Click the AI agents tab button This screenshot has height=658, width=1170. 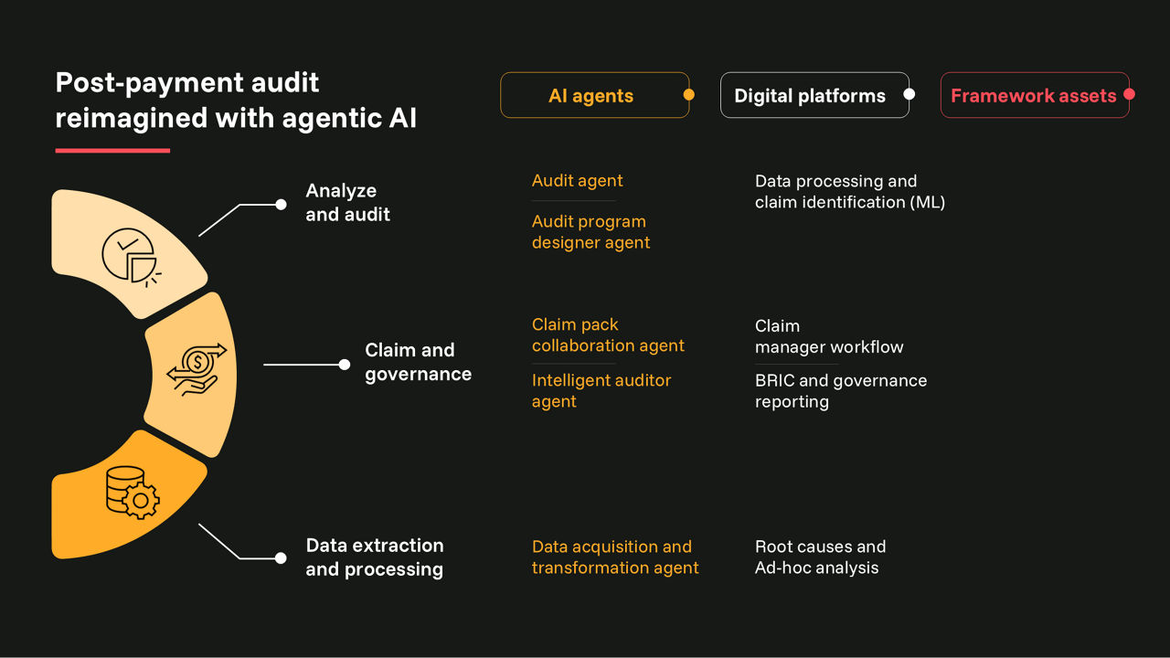point(591,96)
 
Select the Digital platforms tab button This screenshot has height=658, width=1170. point(810,96)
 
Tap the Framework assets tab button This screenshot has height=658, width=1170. point(1033,96)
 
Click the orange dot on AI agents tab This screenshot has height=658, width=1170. point(688,94)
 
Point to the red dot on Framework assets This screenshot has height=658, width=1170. point(1129,94)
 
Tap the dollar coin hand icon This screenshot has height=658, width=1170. point(196,368)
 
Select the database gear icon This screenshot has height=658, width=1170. point(132,493)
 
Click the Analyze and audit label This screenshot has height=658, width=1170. point(347,203)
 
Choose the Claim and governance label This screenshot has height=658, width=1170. point(418,362)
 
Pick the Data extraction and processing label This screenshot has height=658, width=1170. point(374,557)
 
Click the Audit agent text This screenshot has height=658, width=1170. point(577,181)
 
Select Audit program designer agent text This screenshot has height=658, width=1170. point(590,232)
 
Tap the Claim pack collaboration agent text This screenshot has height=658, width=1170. point(608,335)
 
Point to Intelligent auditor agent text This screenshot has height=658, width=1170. point(601,391)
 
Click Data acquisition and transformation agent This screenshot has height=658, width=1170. point(614,557)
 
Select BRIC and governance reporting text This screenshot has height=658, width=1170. point(840,391)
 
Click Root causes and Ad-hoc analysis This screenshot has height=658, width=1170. point(820,557)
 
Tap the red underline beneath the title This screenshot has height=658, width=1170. point(112,151)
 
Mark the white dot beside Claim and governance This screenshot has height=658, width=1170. point(345,365)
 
